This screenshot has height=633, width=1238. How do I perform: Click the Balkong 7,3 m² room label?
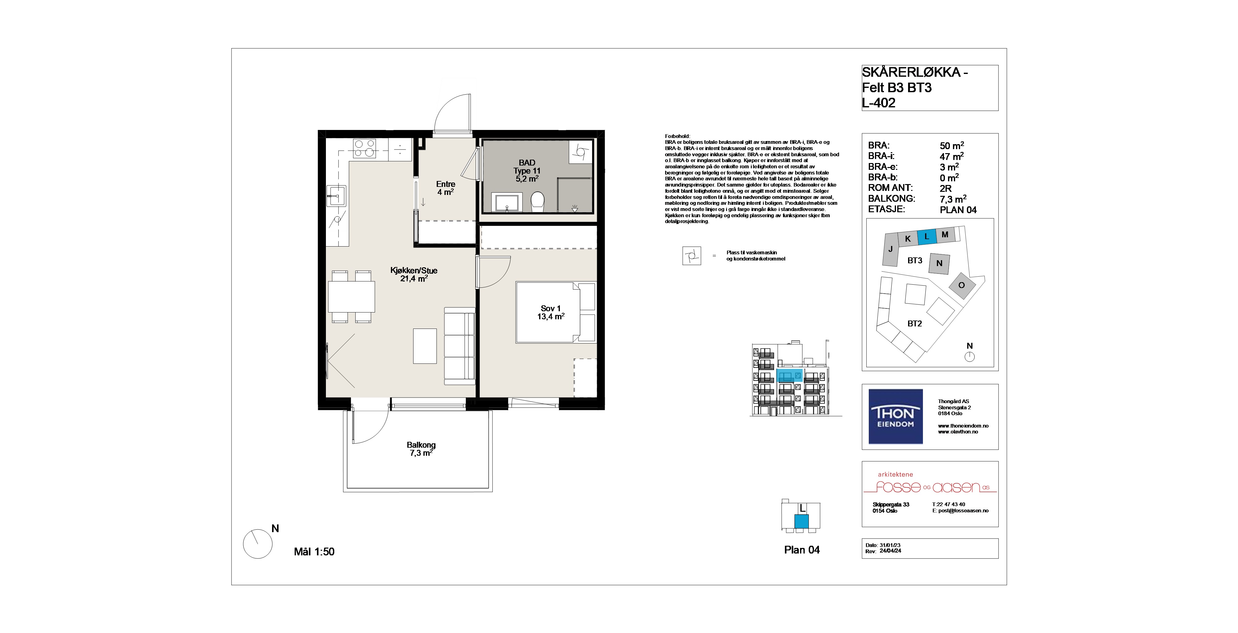tap(421, 449)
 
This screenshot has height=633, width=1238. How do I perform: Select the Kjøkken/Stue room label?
tap(414, 274)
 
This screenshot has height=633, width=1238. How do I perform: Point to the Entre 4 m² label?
tap(445, 188)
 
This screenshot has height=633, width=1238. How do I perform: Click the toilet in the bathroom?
tap(538, 202)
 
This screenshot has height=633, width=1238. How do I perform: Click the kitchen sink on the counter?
tap(336, 196)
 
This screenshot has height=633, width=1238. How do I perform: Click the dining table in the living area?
tap(351, 296)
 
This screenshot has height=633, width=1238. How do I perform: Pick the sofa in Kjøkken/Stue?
tap(459, 346)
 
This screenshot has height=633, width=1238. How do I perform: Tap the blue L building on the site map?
tap(927, 236)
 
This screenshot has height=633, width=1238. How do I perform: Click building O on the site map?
tap(962, 285)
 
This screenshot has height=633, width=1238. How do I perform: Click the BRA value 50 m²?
tap(952, 145)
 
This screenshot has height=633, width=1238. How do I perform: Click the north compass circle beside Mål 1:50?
tap(258, 544)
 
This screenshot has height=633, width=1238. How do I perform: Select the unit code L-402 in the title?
tap(879, 103)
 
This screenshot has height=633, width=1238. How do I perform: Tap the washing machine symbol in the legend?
tap(691, 256)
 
